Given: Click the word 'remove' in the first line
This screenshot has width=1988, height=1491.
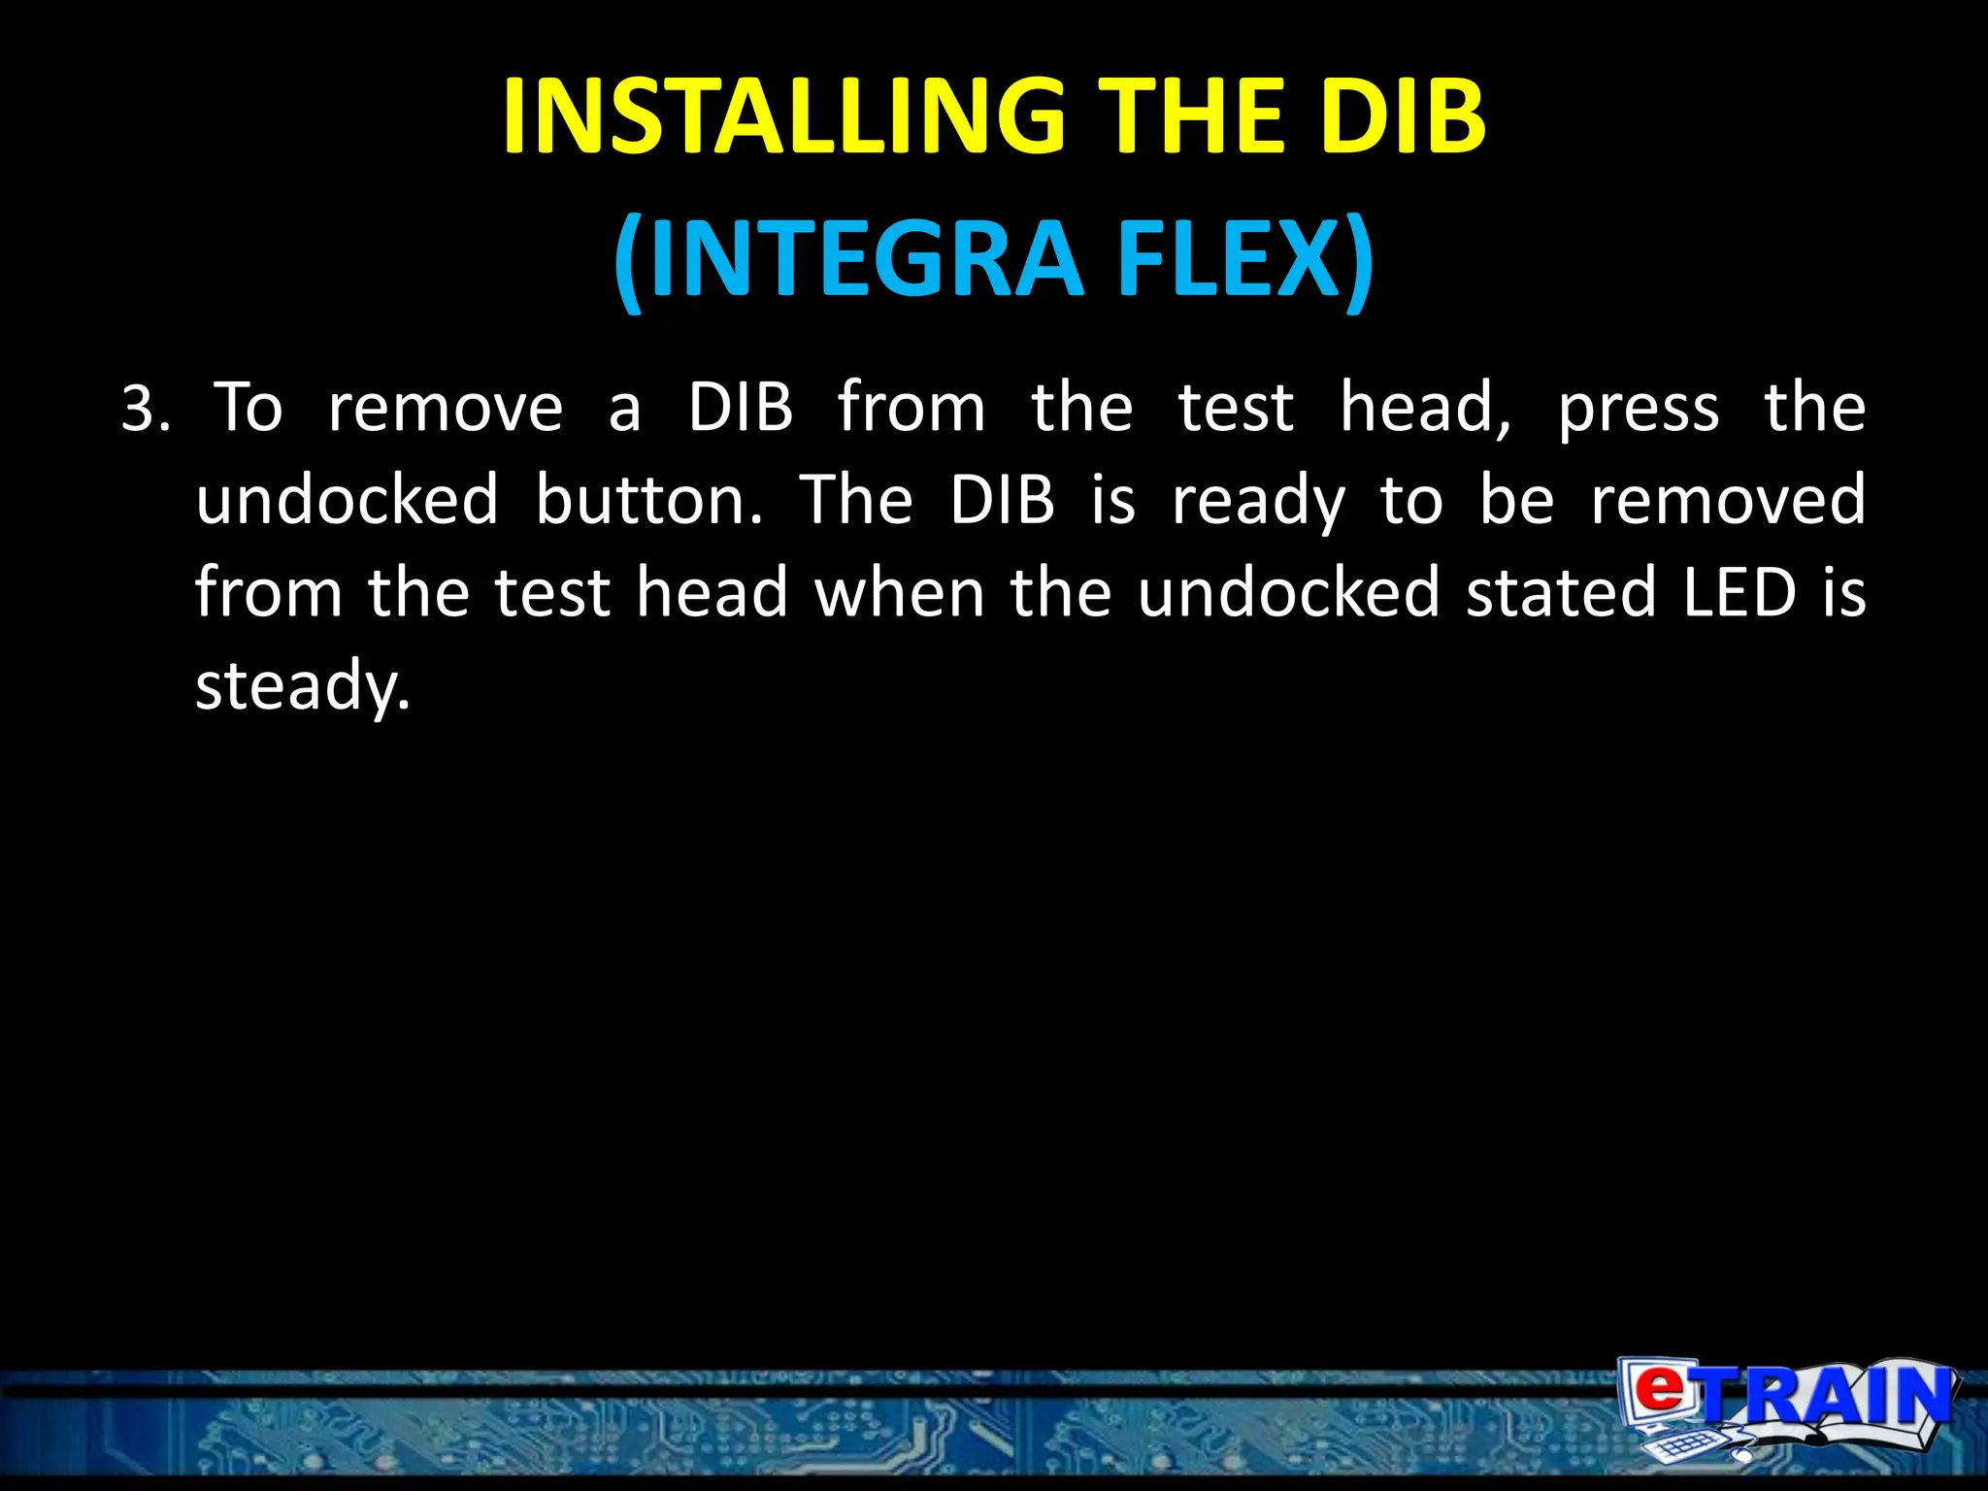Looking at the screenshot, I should point(446,408).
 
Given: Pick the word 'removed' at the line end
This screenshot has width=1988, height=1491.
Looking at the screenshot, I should point(1728,500).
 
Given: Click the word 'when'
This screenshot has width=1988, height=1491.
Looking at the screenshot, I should point(899,592).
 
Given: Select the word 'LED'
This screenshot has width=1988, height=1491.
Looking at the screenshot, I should point(1739,592).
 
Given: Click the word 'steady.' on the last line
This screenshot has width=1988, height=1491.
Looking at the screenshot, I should point(304,685).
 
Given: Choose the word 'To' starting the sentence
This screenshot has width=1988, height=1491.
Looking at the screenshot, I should point(248,408).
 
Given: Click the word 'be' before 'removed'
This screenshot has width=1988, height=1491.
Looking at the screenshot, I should point(1516,500).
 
